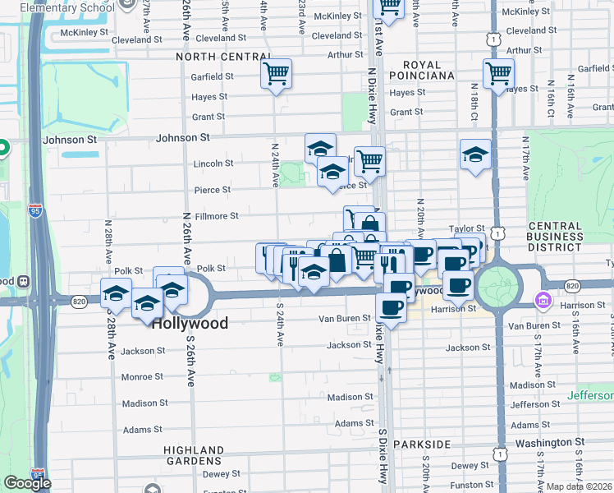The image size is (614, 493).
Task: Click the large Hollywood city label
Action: pyautogui.click(x=190, y=324)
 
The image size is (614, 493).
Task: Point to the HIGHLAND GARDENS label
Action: pyautogui.click(x=194, y=456)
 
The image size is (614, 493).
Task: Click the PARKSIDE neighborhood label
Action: pyautogui.click(x=422, y=445)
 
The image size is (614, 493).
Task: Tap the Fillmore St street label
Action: pyautogui.click(x=210, y=216)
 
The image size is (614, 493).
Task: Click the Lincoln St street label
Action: pyautogui.click(x=214, y=164)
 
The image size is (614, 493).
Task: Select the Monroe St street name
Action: pyautogui.click(x=144, y=377)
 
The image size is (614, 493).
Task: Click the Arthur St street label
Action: pyautogui.click(x=346, y=55)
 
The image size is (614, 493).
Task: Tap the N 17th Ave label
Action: pyautogui.click(x=525, y=160)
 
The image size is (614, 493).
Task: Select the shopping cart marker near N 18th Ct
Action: pyautogui.click(x=498, y=74)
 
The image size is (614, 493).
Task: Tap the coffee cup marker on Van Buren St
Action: pyautogui.click(x=391, y=309)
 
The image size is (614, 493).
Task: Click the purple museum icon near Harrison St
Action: pyautogui.click(x=543, y=302)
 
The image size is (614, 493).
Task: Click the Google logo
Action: pyautogui.click(x=28, y=483)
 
